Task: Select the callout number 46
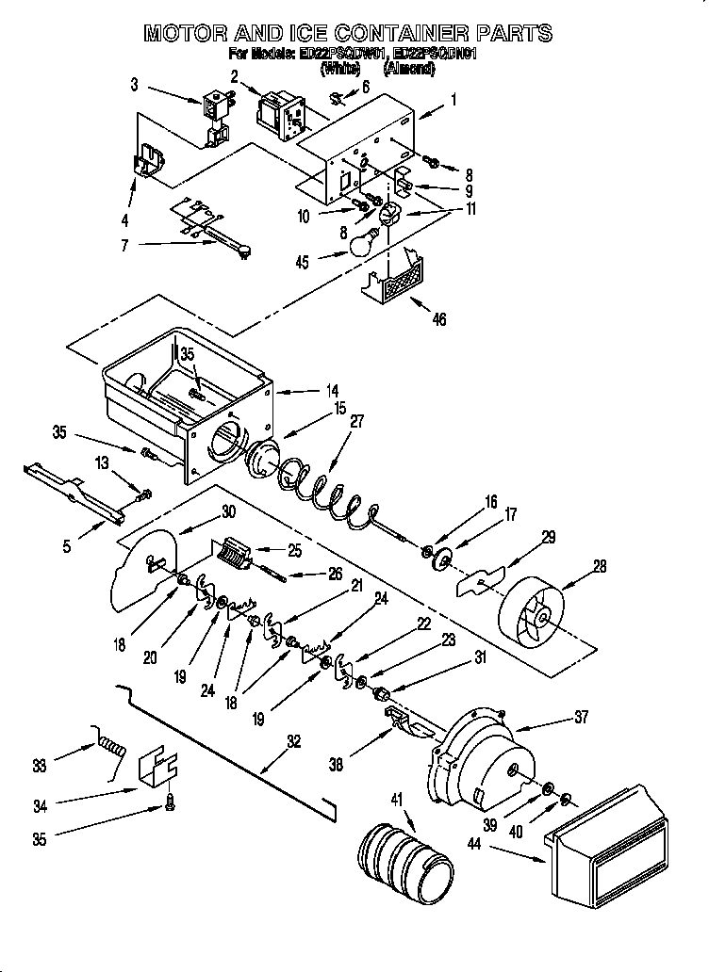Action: coord(438,319)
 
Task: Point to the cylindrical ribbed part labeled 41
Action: coord(400,856)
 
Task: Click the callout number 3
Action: coord(135,85)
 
